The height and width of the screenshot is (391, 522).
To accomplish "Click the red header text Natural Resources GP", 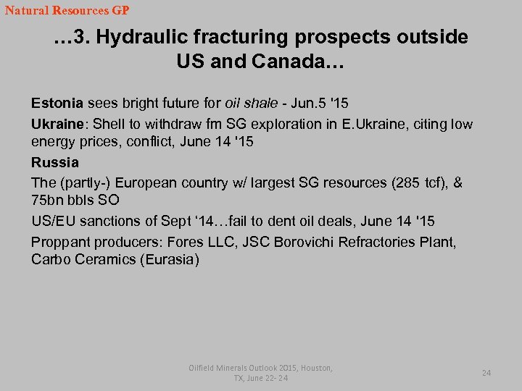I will tap(67, 11).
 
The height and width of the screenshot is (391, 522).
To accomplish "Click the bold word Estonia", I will tap(57, 104).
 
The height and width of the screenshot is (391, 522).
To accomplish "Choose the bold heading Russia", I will tap(55, 162).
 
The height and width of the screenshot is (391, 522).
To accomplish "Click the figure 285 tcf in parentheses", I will tap(418, 182).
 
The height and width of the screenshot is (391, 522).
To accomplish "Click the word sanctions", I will tap(115, 221).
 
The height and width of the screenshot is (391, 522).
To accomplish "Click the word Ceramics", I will tap(104, 259).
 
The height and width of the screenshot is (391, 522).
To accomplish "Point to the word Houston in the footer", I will tap(311, 368).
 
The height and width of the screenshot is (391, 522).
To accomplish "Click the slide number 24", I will tap(486, 373).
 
